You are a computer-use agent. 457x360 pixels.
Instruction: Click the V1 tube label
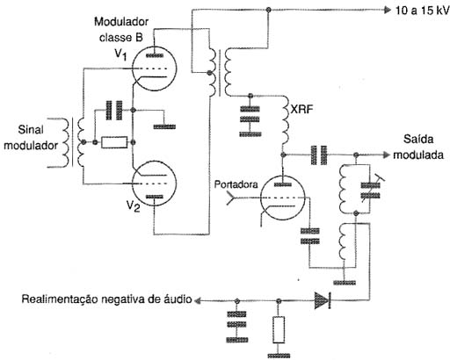[120, 54]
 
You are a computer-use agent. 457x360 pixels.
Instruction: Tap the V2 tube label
[133, 205]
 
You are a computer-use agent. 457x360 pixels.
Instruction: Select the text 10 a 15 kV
[423, 11]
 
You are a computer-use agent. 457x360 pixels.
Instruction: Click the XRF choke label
[301, 110]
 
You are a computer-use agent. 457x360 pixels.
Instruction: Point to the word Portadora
[236, 184]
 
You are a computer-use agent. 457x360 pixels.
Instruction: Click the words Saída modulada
[418, 147]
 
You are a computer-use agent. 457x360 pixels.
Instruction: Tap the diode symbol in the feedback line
[323, 300]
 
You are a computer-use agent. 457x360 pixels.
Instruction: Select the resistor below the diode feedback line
[279, 329]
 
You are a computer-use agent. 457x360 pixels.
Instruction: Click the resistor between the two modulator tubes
[114, 142]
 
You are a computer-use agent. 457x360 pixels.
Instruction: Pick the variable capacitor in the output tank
[370, 191]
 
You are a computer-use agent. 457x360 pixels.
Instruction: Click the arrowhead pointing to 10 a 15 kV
[388, 11]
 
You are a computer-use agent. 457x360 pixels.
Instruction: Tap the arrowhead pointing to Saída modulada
[388, 155]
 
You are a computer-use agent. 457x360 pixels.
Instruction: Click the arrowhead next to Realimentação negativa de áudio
[198, 300]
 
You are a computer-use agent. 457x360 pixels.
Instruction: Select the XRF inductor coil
[285, 121]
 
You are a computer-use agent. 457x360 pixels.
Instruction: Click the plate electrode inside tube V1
[155, 55]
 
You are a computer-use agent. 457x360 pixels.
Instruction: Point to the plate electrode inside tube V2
[155, 197]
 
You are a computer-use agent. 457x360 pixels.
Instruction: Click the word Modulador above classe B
[121, 22]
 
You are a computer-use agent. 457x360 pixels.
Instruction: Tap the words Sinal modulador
[31, 137]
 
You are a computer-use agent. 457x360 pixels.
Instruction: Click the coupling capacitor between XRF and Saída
[319, 155]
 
